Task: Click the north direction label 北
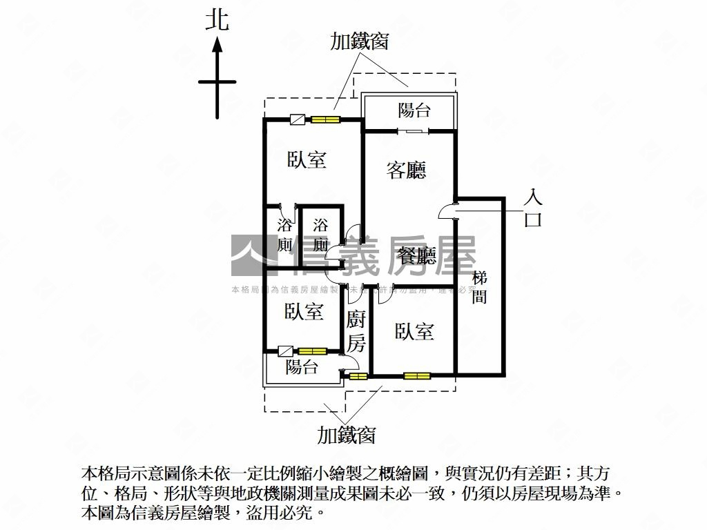coord(217,20)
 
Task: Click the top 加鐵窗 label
coord(359,41)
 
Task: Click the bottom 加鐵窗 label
coord(347,435)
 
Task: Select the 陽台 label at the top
coord(415,110)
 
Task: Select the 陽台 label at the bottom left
coord(302,367)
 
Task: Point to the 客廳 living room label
coord(406,170)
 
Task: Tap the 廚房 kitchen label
coord(356,331)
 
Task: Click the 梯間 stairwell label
coord(480,287)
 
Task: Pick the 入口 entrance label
coord(533,209)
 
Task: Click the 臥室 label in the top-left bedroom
coord(307,160)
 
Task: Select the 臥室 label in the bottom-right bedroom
coord(414,332)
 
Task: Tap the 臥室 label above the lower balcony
coord(304,312)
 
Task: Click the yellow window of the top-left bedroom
coord(325,120)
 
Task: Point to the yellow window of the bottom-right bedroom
coord(416,376)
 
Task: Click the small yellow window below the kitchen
coord(358,376)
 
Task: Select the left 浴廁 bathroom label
coord(284,235)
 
